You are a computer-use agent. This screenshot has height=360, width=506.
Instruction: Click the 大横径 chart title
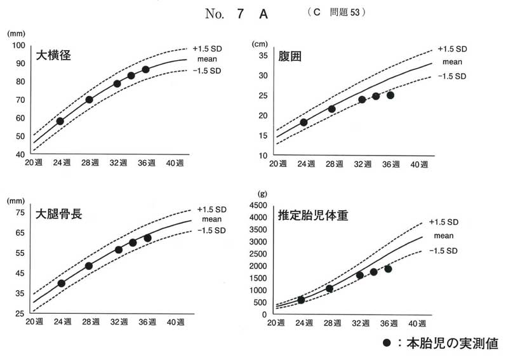click(53, 55)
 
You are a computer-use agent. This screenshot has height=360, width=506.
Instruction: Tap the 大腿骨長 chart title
click(59, 213)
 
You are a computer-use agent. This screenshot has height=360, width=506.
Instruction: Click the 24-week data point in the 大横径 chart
click(60, 121)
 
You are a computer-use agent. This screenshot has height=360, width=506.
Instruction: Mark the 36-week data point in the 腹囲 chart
click(390, 95)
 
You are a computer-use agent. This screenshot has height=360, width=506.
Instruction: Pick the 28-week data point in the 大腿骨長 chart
click(89, 266)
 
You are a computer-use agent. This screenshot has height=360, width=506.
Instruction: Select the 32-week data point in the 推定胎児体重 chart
click(360, 275)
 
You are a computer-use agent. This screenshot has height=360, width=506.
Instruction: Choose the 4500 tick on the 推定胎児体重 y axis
click(258, 206)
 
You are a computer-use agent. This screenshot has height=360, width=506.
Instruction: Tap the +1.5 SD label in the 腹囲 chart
click(452, 49)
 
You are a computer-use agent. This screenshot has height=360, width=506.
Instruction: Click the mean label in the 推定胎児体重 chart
click(444, 236)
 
